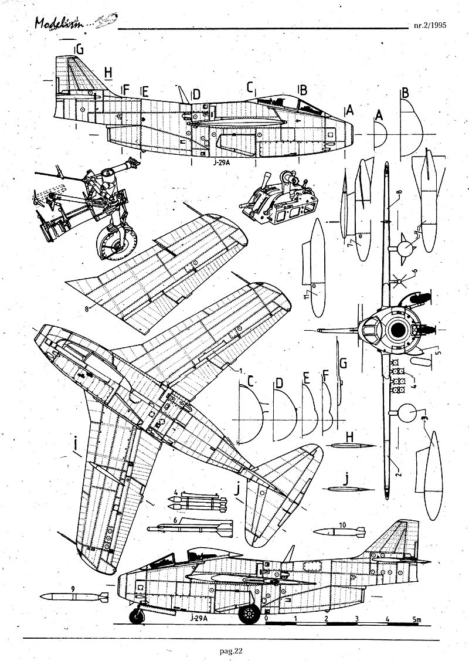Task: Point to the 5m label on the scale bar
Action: [416, 619]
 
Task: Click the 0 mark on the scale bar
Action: [267, 619]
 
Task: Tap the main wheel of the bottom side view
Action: [250, 614]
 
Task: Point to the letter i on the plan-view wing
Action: [77, 448]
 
